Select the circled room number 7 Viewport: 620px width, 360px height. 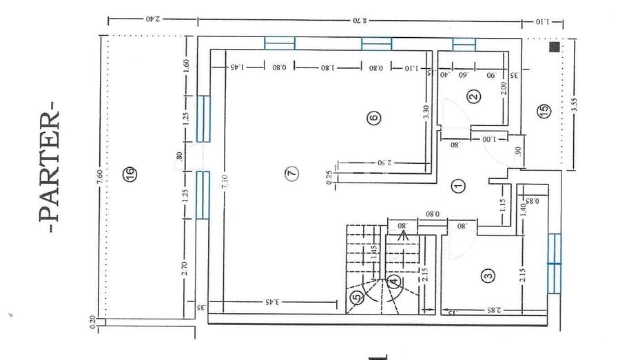click(292, 173)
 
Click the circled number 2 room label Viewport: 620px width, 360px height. click(473, 96)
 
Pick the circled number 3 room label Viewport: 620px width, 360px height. click(488, 276)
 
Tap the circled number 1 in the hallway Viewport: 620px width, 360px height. click(457, 184)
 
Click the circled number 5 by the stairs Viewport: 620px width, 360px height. click(356, 297)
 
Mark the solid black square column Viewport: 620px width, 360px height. click(554, 48)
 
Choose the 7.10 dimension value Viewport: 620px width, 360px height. click(225, 182)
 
